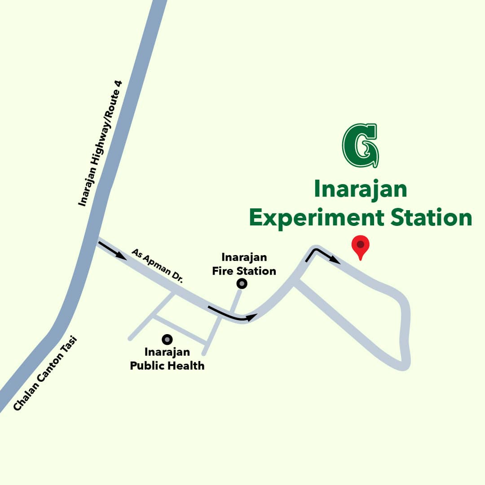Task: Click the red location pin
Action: point(360,246)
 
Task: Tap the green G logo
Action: point(360,145)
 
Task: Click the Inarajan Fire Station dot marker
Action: point(242,283)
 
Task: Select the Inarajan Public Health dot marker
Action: point(167,339)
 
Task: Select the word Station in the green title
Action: point(431,218)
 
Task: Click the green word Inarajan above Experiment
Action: point(360,189)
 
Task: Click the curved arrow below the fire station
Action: point(231,314)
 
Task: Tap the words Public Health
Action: point(167,366)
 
